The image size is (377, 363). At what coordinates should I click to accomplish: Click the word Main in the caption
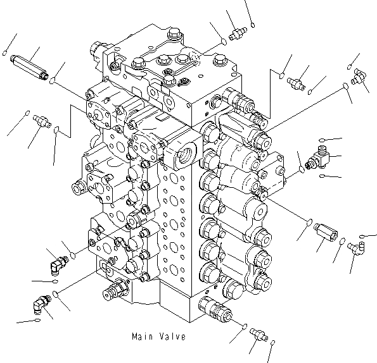pyautogui.click(x=143, y=336)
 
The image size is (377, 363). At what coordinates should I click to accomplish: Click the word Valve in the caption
pyautogui.click(x=173, y=336)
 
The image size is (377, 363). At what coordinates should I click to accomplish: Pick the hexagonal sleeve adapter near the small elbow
pyautogui.click(x=326, y=232)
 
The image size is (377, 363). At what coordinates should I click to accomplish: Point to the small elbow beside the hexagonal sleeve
pyautogui.click(x=356, y=248)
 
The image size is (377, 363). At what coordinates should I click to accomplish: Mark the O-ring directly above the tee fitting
pyautogui.click(x=322, y=140)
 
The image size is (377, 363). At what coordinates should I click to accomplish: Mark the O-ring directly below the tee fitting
pyautogui.click(x=322, y=176)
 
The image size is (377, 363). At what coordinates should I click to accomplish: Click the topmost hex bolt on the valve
pyautogui.click(x=174, y=33)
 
